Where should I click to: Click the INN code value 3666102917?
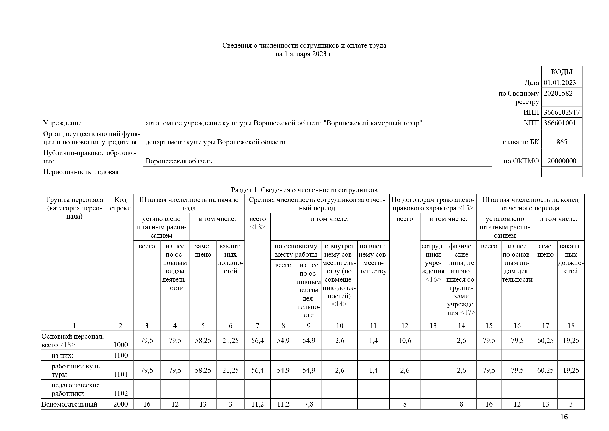coord(562,112)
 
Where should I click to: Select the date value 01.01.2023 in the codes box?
coord(560,83)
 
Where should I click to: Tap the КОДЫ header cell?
coord(562,72)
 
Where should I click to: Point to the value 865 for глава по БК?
coord(562,142)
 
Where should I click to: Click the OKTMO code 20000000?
coord(562,161)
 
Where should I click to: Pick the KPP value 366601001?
coord(560,123)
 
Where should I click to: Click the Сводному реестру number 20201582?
coord(558,94)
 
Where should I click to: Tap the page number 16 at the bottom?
coord(564,417)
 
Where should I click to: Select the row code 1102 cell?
coord(121,393)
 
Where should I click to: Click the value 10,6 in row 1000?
coord(405,341)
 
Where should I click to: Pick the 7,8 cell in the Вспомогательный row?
coord(309,404)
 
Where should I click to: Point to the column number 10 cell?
coord(340,326)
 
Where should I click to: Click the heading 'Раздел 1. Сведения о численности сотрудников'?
coord(304,190)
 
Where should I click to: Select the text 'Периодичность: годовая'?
coord(81,172)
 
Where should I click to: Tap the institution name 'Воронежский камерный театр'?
coord(374,123)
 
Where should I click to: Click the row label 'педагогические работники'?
coord(75,389)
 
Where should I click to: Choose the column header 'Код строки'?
coord(121,204)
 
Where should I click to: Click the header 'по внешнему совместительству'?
coord(373,259)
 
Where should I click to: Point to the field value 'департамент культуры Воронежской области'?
coord(215,142)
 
